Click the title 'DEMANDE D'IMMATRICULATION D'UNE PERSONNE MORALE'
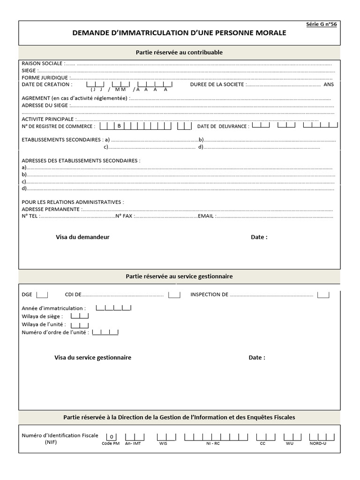click(179, 33)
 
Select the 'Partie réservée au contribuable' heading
click(179, 52)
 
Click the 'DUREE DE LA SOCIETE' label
click(217, 84)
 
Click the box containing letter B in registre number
click(119, 126)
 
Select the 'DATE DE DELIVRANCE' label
click(223, 127)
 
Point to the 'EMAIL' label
click(206, 216)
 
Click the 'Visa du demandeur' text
click(82, 237)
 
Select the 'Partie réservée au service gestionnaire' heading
click(179, 277)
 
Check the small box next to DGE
click(42, 295)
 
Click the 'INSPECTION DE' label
click(209, 295)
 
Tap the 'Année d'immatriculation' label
click(53, 308)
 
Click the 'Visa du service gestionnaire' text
click(93, 358)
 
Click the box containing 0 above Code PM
click(112, 437)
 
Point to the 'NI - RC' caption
click(213, 443)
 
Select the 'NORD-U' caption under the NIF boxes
click(318, 443)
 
